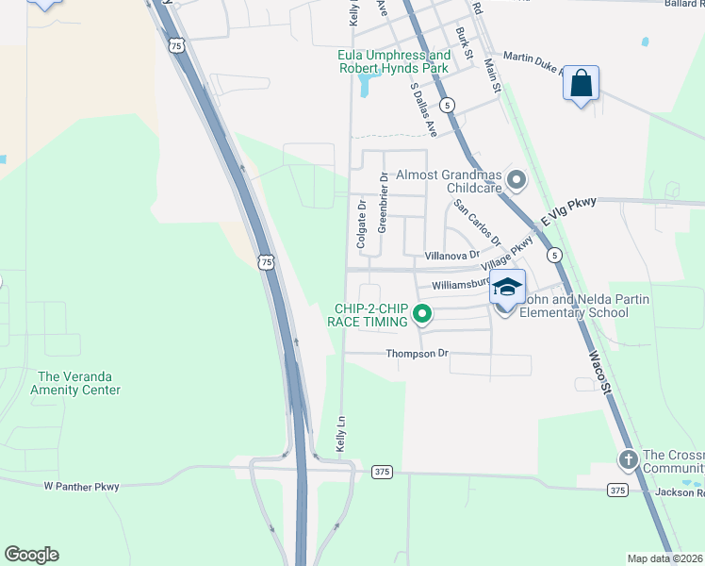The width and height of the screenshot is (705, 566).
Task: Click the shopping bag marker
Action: click(x=582, y=84)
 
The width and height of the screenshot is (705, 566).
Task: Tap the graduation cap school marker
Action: click(x=507, y=288)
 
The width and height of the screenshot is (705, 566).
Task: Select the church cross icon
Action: click(x=628, y=459)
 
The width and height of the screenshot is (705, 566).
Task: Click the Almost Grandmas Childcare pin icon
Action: click(x=516, y=178)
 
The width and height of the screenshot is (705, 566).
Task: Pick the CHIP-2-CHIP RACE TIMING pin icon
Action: click(x=422, y=315)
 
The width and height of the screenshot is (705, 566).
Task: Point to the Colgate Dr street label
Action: click(x=361, y=224)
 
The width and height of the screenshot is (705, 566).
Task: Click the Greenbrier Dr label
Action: click(x=383, y=202)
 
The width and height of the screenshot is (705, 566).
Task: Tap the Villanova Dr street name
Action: click(x=451, y=255)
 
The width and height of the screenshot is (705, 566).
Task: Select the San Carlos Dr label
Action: click(x=478, y=223)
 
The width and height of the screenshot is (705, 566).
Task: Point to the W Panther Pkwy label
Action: click(x=81, y=487)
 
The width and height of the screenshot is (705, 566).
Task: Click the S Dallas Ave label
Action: click(x=423, y=108)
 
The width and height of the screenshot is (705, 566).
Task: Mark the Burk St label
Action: click(x=463, y=42)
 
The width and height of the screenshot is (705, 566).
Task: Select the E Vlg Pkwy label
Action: click(x=569, y=214)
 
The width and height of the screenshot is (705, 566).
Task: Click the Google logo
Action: click(x=31, y=555)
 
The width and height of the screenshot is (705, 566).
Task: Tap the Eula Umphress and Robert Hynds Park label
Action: click(x=394, y=62)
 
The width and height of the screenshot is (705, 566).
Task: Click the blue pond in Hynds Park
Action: click(x=363, y=87)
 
